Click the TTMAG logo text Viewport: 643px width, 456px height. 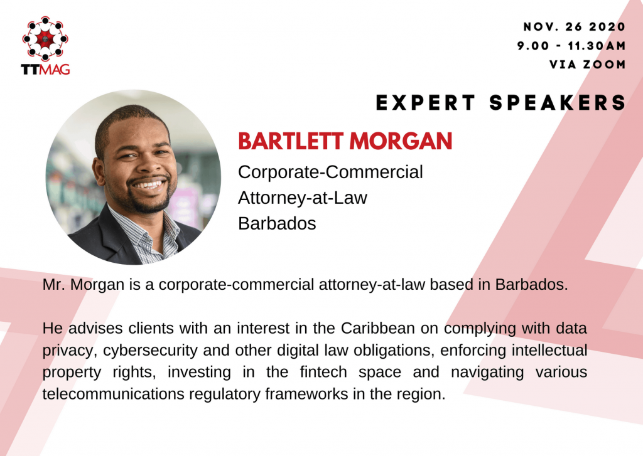(x=45, y=69)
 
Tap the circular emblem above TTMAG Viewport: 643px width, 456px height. (x=45, y=38)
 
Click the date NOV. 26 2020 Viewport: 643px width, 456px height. (x=574, y=26)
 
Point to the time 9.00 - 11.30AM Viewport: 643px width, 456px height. (x=571, y=46)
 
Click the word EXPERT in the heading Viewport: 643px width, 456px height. (x=426, y=102)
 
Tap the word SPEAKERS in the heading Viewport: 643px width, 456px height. (x=558, y=102)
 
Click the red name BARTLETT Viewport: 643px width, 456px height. (x=290, y=141)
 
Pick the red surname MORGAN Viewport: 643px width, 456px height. (x=401, y=141)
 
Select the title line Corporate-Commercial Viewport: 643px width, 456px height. (x=330, y=172)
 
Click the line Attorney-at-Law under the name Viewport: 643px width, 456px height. (x=303, y=198)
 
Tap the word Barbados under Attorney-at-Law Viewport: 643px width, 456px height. (x=277, y=224)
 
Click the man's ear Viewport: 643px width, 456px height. (x=99, y=172)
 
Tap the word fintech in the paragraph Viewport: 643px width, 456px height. (x=323, y=372)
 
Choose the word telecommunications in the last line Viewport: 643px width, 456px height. (x=113, y=394)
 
